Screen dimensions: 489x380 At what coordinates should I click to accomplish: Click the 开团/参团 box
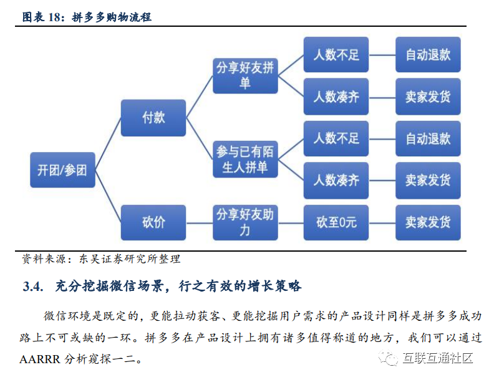(62, 170)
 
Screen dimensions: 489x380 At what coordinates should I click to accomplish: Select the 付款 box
(153, 118)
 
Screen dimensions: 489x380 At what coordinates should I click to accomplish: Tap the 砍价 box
(153, 222)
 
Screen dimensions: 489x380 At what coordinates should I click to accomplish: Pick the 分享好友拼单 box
(244, 75)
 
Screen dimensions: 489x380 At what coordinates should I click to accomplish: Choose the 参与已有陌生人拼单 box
(244, 159)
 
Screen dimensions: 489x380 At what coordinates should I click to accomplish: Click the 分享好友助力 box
(244, 222)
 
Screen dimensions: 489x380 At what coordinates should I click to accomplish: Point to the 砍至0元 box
(336, 222)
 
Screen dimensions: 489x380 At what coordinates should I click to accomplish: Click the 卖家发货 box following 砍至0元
(428, 222)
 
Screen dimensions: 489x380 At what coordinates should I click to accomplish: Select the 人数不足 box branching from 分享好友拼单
(336, 55)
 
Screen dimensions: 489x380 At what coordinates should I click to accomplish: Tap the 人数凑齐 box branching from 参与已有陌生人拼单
(336, 181)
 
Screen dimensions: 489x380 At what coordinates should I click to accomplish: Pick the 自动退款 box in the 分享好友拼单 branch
(428, 55)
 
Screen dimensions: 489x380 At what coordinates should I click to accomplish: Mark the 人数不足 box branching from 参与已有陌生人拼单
(336, 138)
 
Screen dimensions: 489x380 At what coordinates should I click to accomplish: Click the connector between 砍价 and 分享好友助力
(199, 222)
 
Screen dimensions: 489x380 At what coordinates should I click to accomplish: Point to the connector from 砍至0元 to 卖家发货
(382, 222)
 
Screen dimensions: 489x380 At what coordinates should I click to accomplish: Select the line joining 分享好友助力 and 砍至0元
(290, 222)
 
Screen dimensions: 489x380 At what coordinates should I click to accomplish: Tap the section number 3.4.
(32, 287)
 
